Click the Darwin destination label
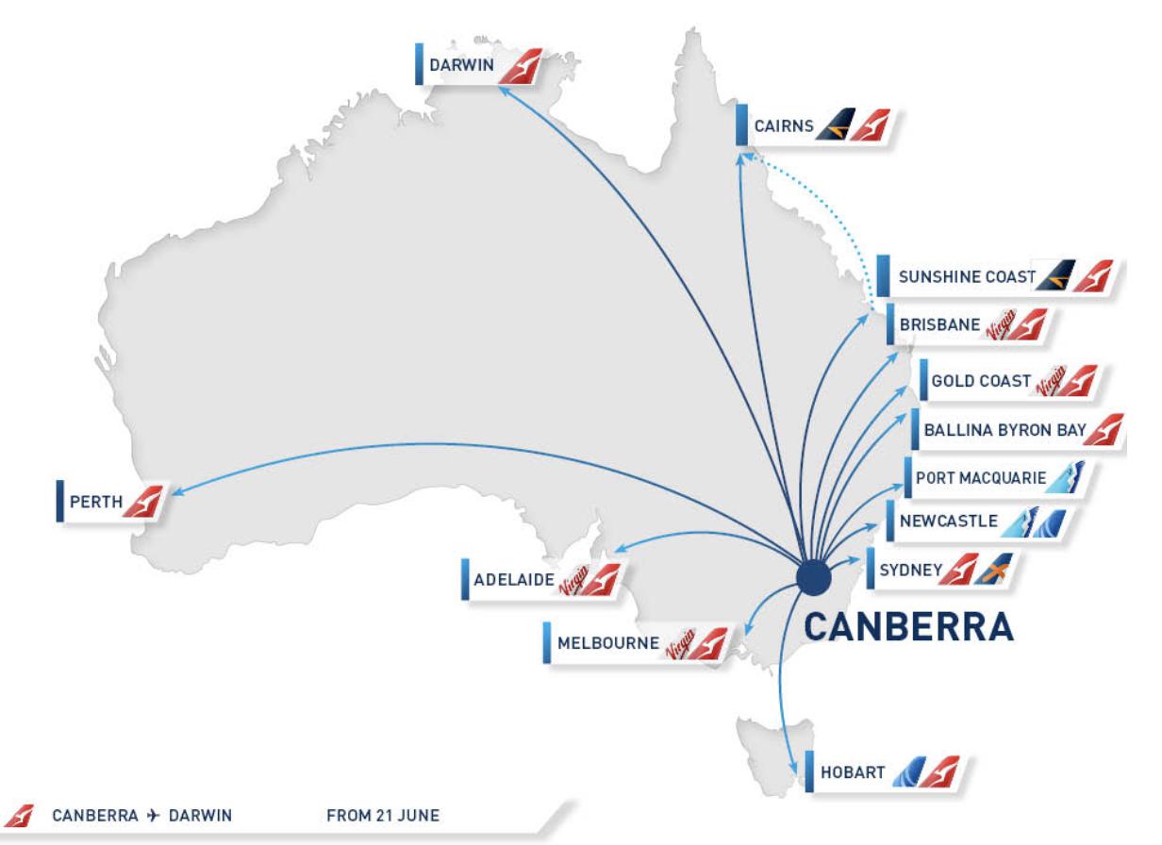[460, 67]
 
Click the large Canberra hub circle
[812, 576]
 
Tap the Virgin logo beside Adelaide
[572, 584]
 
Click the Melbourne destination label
[607, 644]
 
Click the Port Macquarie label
[980, 478]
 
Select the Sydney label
[909, 570]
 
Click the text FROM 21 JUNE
[383, 814]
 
